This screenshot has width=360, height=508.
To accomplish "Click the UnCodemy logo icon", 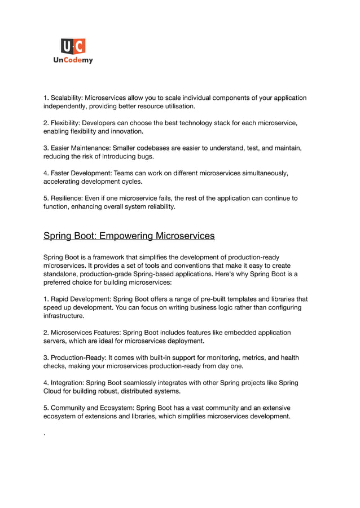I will (x=73, y=46).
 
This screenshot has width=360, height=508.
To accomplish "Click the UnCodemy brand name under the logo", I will (x=73, y=60).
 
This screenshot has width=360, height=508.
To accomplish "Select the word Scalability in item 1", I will (x=66, y=98).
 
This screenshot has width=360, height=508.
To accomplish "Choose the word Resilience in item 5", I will (x=68, y=198).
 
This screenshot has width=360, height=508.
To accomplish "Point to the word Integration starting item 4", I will (x=69, y=382).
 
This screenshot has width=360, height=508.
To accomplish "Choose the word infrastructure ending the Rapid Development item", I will (x=64, y=316).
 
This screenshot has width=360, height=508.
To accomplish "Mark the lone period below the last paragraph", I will (x=45, y=435).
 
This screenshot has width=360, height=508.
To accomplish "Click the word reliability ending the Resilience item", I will (x=159, y=207).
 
